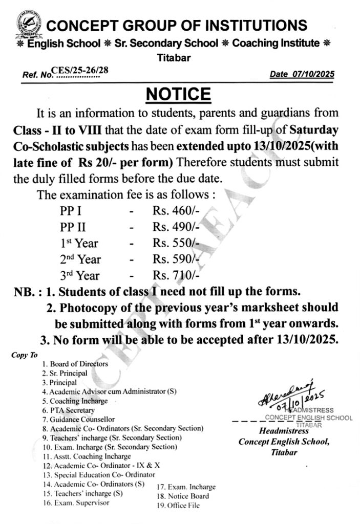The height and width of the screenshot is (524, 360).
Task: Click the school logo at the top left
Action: [x=27, y=27]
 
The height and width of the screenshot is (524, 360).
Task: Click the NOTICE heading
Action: [x=178, y=94]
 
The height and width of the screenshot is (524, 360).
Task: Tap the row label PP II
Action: [x=72, y=227]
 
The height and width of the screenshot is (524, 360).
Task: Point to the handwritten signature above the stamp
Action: [x=287, y=395]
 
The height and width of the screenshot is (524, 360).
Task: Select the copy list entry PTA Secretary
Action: [x=72, y=410]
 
